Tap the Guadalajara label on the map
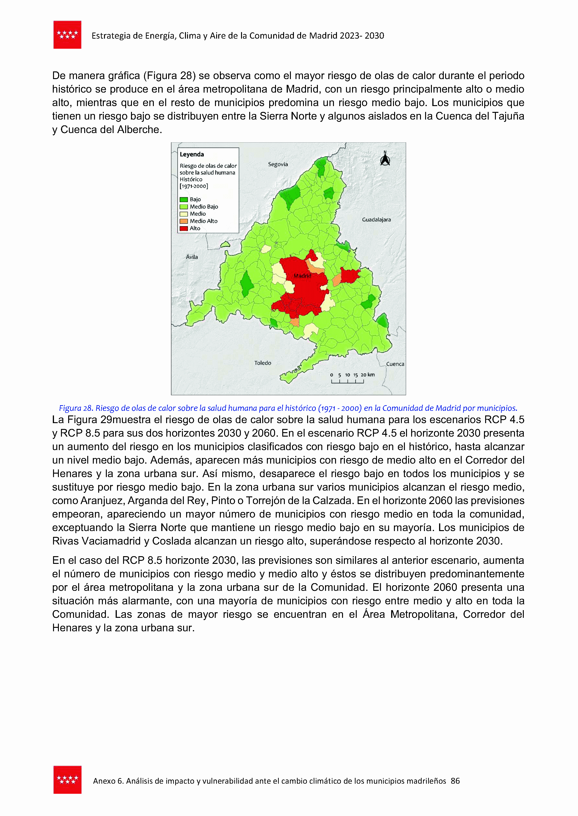[x=376, y=220]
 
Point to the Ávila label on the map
[x=192, y=257]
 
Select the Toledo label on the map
[x=263, y=363]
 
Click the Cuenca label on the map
[x=395, y=364]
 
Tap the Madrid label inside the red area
[x=302, y=276]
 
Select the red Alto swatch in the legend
[x=184, y=228]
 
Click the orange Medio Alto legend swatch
[x=184, y=221]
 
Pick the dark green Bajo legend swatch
[x=184, y=200]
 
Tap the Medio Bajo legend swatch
[x=184, y=207]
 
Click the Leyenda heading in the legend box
[x=192, y=154]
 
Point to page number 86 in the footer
[x=455, y=781]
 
